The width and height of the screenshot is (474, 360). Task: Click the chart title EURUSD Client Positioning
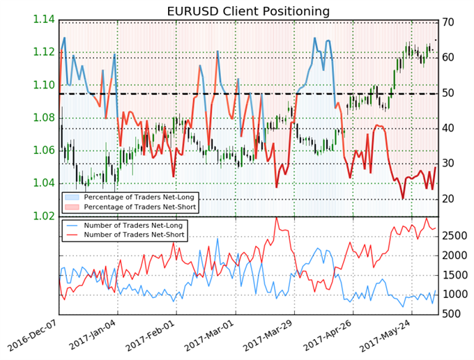click(x=248, y=11)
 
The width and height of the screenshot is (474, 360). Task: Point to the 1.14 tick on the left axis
click(x=43, y=19)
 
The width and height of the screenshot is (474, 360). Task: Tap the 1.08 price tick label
click(x=43, y=118)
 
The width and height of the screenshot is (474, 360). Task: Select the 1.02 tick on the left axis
click(x=43, y=216)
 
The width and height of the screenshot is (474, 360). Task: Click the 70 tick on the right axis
click(x=448, y=22)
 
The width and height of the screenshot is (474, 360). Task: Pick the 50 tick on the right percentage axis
click(x=448, y=93)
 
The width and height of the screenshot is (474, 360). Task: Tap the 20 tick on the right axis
click(x=448, y=198)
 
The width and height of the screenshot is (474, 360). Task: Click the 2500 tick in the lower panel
click(x=454, y=236)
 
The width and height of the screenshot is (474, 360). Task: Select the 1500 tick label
click(x=454, y=275)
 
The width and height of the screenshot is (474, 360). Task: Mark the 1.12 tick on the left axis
click(x=43, y=52)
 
